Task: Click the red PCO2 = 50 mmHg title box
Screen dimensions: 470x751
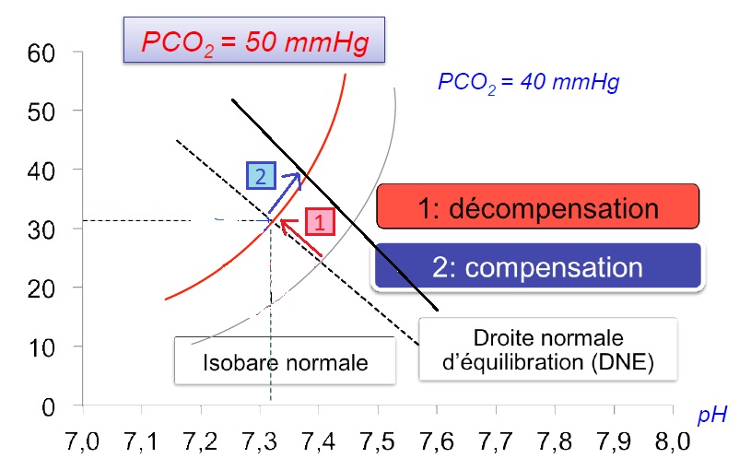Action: tap(252, 41)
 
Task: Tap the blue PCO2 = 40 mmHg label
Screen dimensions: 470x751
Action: tap(528, 82)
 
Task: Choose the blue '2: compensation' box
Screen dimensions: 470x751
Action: tap(539, 267)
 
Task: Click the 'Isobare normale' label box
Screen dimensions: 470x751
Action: tap(285, 362)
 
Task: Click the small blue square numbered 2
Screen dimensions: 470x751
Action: tap(260, 174)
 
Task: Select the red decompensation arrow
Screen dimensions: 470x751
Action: tap(301, 236)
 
